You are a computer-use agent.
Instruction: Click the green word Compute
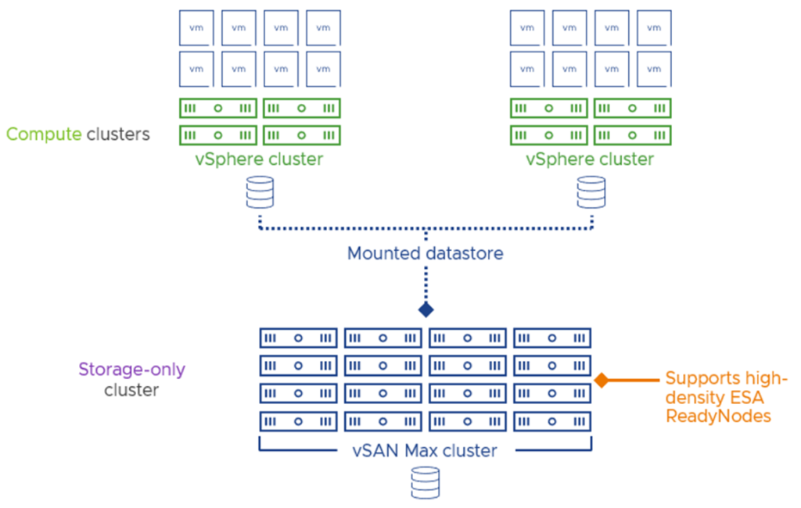(44, 134)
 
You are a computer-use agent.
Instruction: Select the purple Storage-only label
(131, 370)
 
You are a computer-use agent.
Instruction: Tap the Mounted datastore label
(426, 253)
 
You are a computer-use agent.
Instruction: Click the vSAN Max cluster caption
(426, 450)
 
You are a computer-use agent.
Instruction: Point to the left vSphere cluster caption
(260, 159)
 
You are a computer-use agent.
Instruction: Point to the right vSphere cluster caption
(590, 159)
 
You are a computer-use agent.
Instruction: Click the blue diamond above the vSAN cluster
(426, 309)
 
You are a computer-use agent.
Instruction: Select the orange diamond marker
(602, 380)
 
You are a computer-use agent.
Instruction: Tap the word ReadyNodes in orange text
(718, 416)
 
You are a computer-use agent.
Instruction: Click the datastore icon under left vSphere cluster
(260, 191)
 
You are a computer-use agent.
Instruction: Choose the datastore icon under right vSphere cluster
(591, 191)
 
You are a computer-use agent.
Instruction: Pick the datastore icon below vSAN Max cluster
(426, 481)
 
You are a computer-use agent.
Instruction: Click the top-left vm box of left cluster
(196, 28)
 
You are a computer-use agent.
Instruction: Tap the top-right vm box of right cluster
(653, 28)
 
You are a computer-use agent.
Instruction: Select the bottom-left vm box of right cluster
(526, 69)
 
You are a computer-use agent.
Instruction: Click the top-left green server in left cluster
(218, 108)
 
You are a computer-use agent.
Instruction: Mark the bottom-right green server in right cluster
(632, 134)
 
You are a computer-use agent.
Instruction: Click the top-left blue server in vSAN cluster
(298, 338)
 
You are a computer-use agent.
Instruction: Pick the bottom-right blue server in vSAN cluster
(552, 421)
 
